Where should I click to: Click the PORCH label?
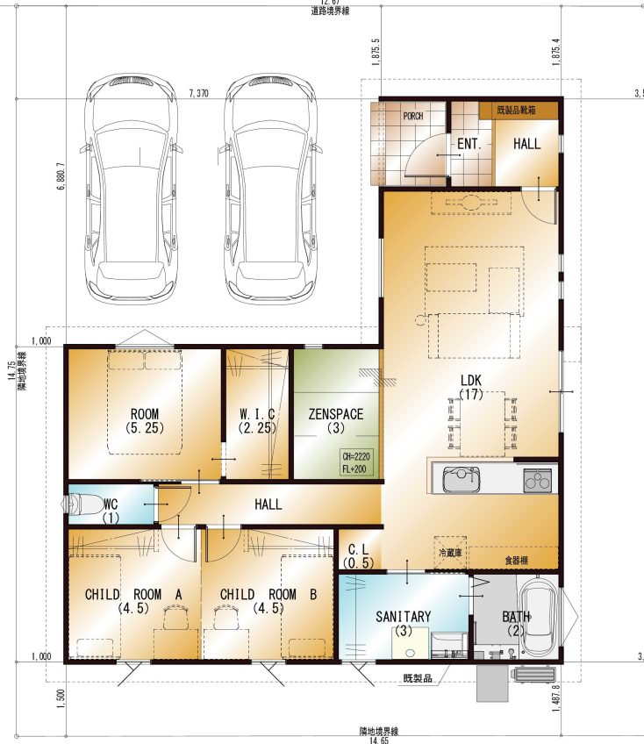[412, 116]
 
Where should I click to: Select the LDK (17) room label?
[472, 387]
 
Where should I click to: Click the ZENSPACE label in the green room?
[335, 421]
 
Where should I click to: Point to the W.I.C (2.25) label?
[258, 421]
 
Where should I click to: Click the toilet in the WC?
[82, 506]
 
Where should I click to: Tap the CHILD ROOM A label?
[133, 600]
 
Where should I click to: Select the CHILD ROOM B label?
[268, 600]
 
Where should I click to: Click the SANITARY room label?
[403, 623]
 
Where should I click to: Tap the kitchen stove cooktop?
[536, 480]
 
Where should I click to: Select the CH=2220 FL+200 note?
[357, 463]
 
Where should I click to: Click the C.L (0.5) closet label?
[358, 554]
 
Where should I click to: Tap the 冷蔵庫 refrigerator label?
[450, 554]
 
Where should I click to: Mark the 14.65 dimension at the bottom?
[378, 740]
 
